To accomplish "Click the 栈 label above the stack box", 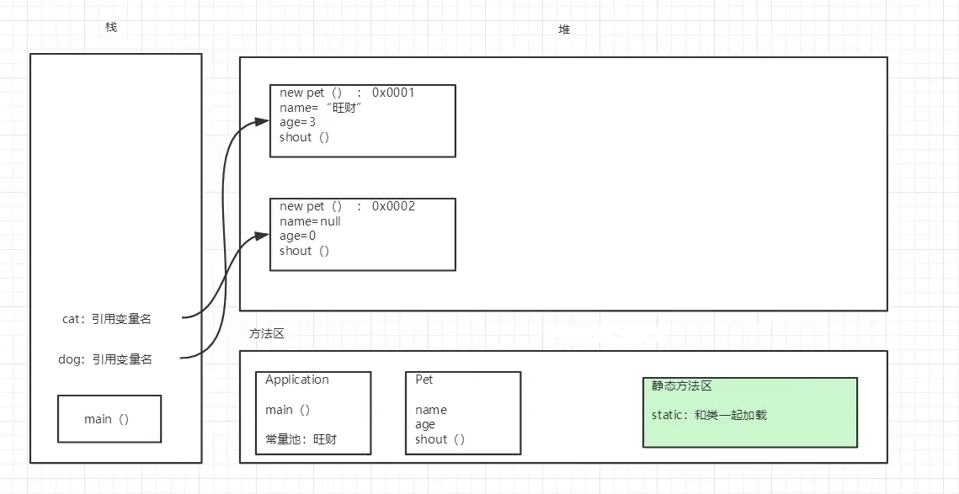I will pos(111,28).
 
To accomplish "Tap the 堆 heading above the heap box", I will pos(564,29).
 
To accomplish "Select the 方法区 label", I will pos(267,334).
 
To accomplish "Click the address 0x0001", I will pos(393,93).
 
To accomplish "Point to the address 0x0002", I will pos(393,206).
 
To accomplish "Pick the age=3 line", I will pos(297,122).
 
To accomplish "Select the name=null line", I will pos(310,221).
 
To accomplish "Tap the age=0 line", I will pos(297,236).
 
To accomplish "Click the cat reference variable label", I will pos(107,319).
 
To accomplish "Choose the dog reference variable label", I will pos(105,359).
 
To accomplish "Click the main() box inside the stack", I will pos(109,419).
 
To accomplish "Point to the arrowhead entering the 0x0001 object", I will pos(261,122).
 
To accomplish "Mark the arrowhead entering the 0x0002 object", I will pos(261,236).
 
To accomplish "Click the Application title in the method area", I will pos(297,380).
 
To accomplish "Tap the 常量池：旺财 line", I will pos(301,438).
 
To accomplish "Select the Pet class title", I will pos(424,380).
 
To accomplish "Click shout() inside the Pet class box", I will pos(440,438).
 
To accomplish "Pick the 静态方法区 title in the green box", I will pos(682,386).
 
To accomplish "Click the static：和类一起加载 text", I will pos(709,415).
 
